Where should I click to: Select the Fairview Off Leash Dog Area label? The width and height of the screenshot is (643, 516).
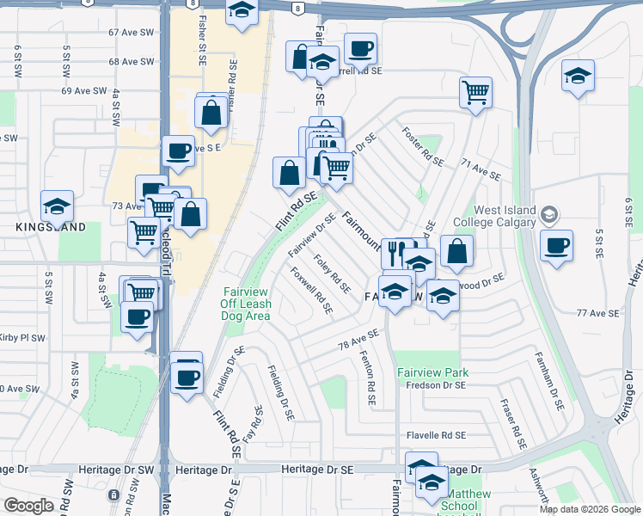tap(248, 304)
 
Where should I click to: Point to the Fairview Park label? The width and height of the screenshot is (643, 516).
tap(432, 372)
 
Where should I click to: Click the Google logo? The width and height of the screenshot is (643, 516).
tap(28, 506)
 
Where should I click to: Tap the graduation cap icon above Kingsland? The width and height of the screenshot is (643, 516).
tap(57, 206)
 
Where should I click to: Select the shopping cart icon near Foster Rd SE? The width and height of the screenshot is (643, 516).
tap(475, 90)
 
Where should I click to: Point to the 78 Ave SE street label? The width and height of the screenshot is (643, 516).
tap(358, 340)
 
